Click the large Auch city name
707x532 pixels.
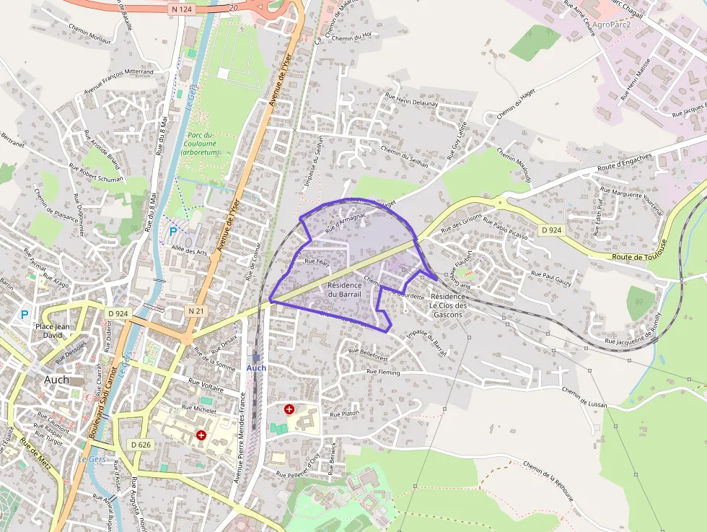click(57, 380)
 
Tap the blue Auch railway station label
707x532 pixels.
click(256, 367)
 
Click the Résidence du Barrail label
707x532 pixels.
click(344, 289)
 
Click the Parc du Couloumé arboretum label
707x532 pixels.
click(199, 144)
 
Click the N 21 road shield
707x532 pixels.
click(196, 310)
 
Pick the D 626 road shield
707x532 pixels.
click(141, 445)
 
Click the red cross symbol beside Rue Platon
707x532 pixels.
click(289, 409)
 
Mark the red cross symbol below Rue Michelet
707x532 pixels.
click(201, 435)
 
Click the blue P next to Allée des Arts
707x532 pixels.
click(172, 231)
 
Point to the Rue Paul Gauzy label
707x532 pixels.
click(551, 278)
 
